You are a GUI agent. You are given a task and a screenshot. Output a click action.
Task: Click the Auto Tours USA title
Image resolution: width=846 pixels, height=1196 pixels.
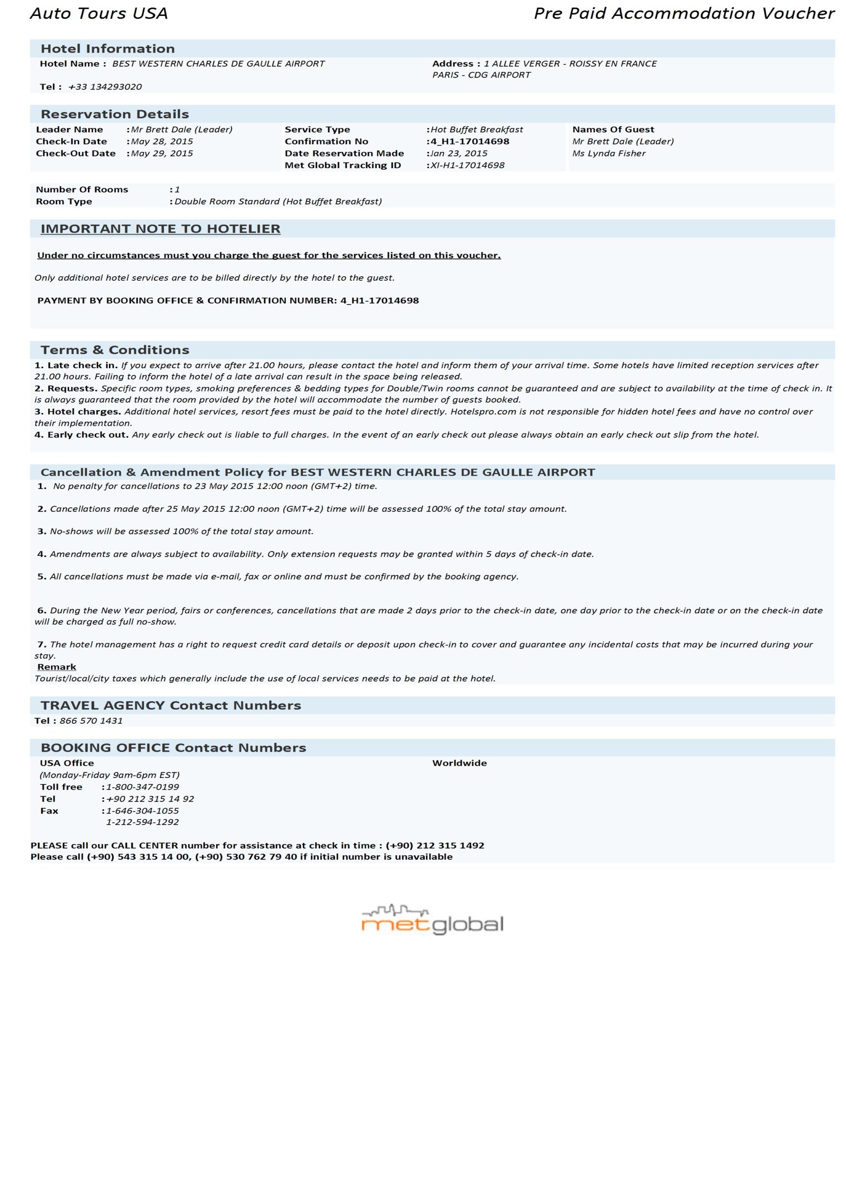[x=99, y=14]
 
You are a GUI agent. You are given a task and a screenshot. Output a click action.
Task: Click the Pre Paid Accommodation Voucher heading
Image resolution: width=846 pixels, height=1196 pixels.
[x=683, y=14]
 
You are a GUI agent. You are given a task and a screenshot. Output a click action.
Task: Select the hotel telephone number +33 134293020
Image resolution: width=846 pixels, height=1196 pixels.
[x=105, y=87]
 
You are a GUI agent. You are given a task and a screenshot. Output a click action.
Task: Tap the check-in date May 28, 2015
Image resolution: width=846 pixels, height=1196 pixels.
[x=162, y=142]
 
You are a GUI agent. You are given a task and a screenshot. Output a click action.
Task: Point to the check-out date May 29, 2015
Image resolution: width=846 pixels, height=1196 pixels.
[x=162, y=154]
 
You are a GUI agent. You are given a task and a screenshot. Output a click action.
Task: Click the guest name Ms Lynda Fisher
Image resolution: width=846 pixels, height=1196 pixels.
[x=609, y=154]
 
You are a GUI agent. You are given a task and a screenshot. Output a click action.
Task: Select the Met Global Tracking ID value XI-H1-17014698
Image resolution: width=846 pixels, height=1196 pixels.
[x=467, y=166]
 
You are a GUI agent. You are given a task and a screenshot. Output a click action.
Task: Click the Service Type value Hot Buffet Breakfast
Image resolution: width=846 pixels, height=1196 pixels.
[x=476, y=130]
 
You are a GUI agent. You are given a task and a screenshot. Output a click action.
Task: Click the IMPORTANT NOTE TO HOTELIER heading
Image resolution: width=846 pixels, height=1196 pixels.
[x=160, y=229]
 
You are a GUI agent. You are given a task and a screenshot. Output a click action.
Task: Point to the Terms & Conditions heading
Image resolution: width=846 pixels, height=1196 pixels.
[x=115, y=350]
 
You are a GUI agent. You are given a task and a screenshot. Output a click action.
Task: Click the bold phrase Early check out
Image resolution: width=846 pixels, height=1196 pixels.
[x=87, y=435]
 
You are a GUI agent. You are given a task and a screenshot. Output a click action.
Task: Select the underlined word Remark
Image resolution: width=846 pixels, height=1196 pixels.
[x=57, y=667]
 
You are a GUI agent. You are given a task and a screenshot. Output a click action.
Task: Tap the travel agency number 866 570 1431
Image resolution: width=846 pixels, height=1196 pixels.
[x=91, y=721]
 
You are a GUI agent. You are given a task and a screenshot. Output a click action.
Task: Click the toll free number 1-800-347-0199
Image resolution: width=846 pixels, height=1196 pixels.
[x=142, y=787]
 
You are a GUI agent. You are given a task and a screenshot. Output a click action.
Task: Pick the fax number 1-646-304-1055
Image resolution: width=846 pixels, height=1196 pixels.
[x=142, y=811]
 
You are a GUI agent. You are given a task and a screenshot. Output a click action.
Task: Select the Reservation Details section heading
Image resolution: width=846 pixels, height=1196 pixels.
[x=115, y=114]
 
